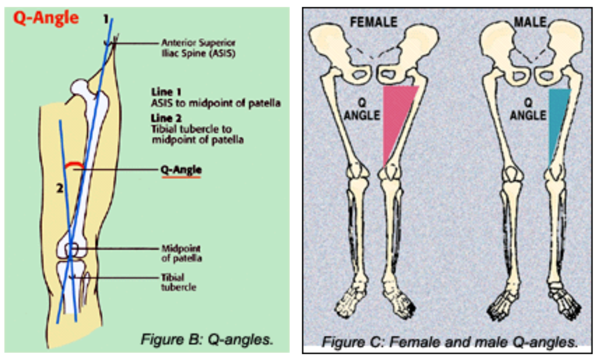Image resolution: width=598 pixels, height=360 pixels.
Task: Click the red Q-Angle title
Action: pyautogui.click(x=46, y=18)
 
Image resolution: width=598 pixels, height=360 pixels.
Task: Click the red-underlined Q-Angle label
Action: pyautogui.click(x=181, y=171)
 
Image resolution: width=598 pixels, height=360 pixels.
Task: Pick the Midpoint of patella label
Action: pyautogui.click(x=181, y=254)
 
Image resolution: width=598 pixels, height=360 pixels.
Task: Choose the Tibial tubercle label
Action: pyautogui.click(x=178, y=282)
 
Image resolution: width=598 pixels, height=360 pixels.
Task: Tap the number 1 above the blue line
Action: pyautogui.click(x=105, y=19)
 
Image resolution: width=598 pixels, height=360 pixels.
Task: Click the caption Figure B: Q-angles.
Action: pyautogui.click(x=207, y=339)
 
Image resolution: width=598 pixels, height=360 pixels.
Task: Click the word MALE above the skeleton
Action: pyautogui.click(x=530, y=22)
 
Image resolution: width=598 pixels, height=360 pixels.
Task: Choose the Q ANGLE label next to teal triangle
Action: pyautogui.click(x=528, y=110)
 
